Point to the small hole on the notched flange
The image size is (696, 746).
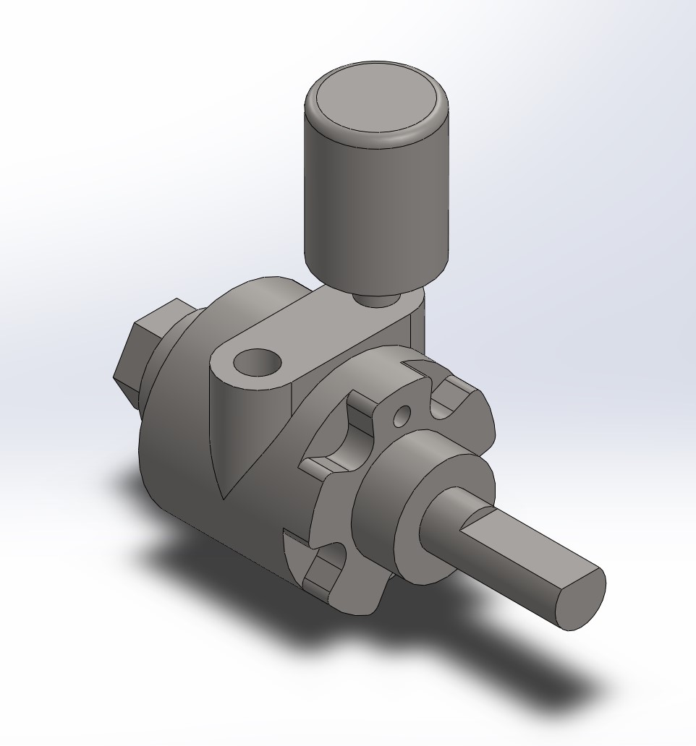tap(402, 415)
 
